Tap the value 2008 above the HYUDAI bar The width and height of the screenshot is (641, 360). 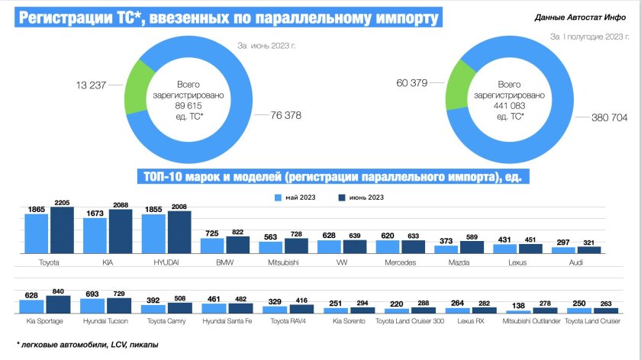click(x=180, y=206)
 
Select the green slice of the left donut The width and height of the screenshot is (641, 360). click(x=140, y=85)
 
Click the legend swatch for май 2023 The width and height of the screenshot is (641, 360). click(x=279, y=198)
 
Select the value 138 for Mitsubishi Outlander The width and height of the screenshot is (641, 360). click(x=517, y=305)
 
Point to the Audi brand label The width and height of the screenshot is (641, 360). click(x=577, y=261)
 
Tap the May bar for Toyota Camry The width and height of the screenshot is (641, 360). click(x=153, y=310)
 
